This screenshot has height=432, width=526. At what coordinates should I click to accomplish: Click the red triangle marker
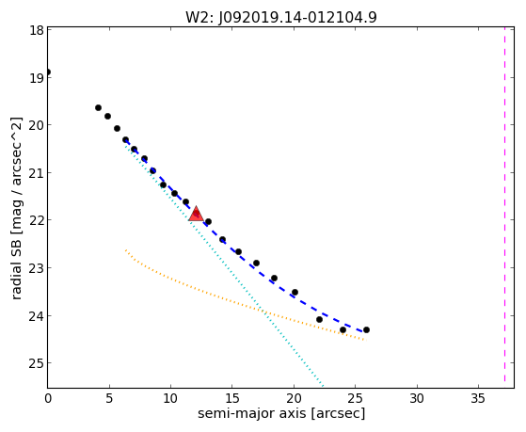[196, 215]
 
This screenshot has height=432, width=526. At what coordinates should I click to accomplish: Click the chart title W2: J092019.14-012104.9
[281, 17]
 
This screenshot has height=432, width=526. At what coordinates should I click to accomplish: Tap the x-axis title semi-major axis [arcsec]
[281, 413]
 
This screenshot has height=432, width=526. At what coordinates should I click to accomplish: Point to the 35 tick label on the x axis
[478, 398]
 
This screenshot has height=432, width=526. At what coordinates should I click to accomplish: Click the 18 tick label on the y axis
[37, 30]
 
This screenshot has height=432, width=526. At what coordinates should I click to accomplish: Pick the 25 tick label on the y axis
[37, 363]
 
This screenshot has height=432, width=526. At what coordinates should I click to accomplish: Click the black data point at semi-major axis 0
[48, 72]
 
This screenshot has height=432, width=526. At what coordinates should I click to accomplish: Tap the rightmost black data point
[366, 329]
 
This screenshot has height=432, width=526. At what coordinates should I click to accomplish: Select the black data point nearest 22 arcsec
[319, 319]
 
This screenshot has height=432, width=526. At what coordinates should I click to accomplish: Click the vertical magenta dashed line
[504, 204]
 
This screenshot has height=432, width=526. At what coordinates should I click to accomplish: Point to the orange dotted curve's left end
[125, 250]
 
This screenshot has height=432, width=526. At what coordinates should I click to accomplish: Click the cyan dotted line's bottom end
[323, 386]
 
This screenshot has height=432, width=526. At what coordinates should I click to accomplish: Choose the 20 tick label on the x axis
[294, 398]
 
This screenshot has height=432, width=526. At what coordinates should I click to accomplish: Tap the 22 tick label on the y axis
[37, 220]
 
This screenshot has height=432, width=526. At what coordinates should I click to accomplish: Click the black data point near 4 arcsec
[98, 107]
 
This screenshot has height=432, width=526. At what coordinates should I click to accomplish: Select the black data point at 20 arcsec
[295, 292]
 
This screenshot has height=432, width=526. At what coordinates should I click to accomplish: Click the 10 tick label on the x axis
[170, 398]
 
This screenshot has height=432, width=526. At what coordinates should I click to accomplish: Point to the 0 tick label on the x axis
[48, 398]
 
